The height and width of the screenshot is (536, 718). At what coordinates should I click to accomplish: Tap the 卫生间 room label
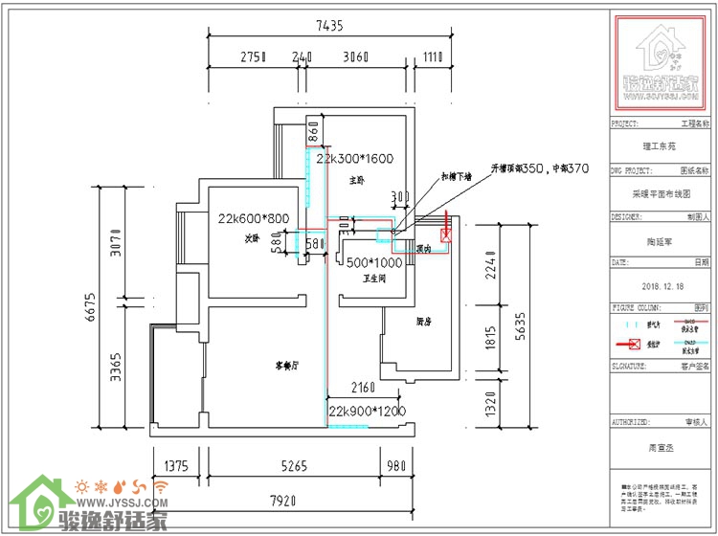[x=373, y=279]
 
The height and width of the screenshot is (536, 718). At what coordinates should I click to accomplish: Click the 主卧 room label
[x=356, y=179]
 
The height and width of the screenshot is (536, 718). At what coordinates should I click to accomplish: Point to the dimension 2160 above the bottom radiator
[x=361, y=389]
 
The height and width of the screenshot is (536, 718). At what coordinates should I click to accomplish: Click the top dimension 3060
[x=355, y=57]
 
